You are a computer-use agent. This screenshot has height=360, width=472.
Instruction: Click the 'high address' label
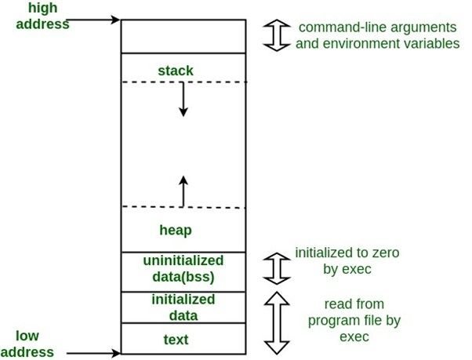pyautogui.click(x=37, y=16)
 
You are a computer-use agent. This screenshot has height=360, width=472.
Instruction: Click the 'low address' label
pyautogui.click(x=32, y=344)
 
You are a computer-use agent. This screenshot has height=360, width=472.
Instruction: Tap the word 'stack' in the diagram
pyautogui.click(x=175, y=71)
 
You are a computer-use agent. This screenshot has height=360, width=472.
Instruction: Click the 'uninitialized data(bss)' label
pyautogui.click(x=183, y=268)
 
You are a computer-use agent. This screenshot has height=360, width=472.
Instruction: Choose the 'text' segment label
pyautogui.click(x=176, y=340)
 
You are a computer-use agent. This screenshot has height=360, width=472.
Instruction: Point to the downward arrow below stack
pyautogui.click(x=183, y=100)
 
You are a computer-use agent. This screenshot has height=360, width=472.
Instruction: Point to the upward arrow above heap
pyautogui.click(x=183, y=191)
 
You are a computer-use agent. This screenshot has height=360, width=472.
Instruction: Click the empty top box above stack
pyautogui.click(x=183, y=36)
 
